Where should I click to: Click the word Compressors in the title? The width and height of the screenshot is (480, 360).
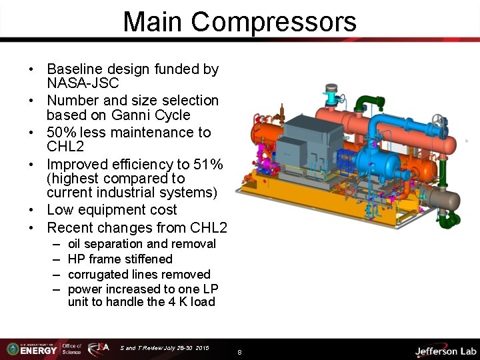pos(273,22)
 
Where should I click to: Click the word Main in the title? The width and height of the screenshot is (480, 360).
pos(153,22)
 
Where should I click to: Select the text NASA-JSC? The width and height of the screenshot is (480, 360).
pos(83,83)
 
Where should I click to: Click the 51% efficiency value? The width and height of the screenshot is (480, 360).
pos(209,164)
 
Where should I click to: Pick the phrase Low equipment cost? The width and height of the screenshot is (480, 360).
pos(111,210)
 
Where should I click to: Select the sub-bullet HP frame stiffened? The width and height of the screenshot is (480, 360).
pos(120,259)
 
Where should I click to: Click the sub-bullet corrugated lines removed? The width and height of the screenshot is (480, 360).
pos(139,274)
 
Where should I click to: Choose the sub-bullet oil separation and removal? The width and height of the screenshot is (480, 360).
pos(141,244)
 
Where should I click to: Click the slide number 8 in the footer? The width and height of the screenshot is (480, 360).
pos(239,351)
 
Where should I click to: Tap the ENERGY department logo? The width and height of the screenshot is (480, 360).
pos(33,348)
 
